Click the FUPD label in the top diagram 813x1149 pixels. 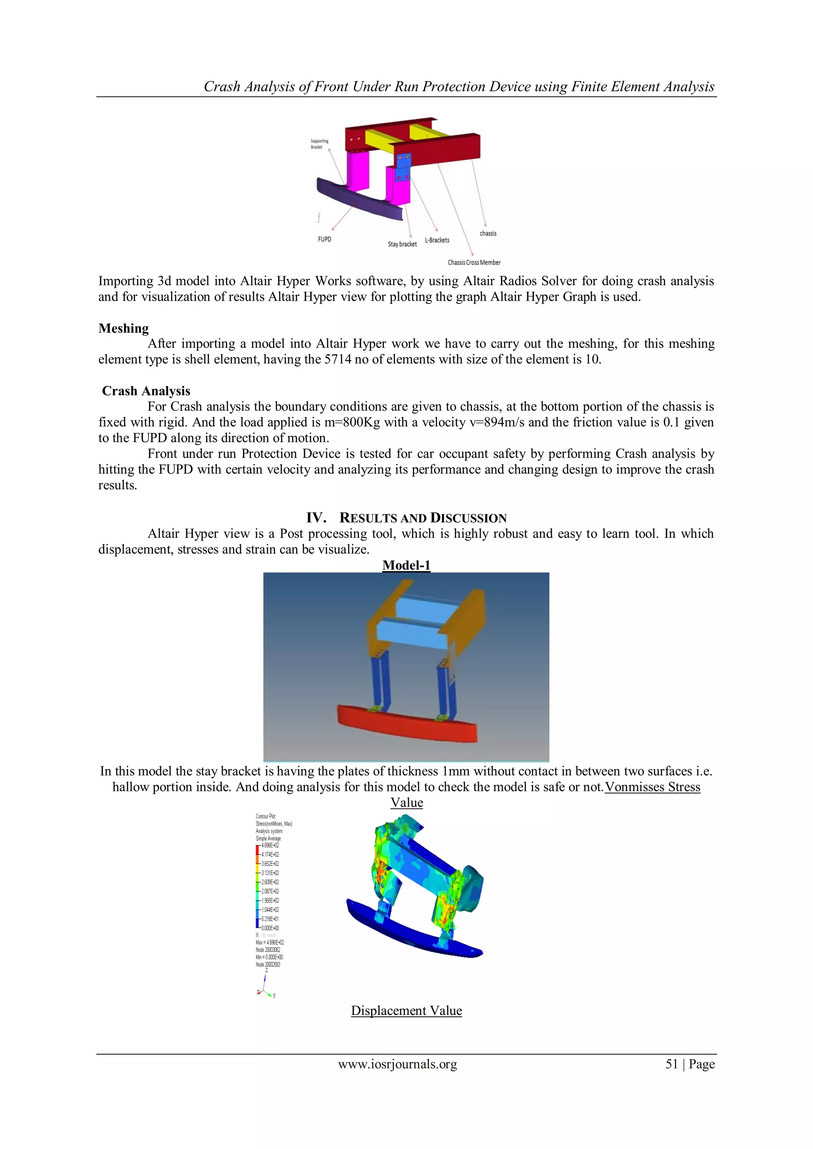[x=324, y=239]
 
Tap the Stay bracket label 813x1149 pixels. [x=402, y=244]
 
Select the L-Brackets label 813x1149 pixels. [x=437, y=240]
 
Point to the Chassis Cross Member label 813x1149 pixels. [x=474, y=262]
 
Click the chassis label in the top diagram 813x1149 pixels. [x=487, y=233]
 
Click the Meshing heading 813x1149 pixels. [x=123, y=328]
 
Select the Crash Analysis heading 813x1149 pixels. [x=146, y=391]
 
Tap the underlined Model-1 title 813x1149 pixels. [x=406, y=565]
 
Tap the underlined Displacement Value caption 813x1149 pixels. [x=406, y=1010]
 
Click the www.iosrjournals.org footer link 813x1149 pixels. [x=397, y=1064]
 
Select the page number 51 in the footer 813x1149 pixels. [x=671, y=1064]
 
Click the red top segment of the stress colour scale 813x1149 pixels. [x=257, y=849]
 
